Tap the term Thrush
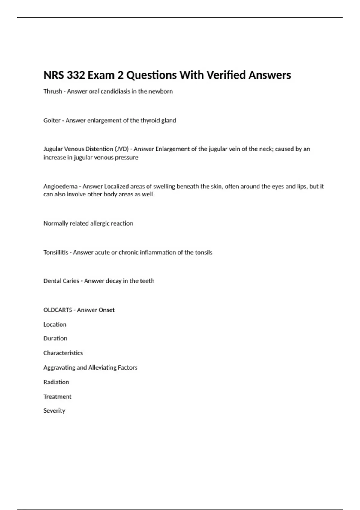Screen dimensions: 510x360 [53, 91]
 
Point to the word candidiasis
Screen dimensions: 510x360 [115, 91]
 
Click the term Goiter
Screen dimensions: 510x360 [52, 120]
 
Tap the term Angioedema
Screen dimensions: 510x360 [60, 186]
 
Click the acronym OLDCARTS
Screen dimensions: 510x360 [58, 310]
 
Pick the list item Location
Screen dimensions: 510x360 [55, 324]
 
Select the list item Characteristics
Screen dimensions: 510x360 [63, 353]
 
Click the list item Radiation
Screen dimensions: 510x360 [56, 382]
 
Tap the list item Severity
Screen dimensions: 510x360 [54, 410]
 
